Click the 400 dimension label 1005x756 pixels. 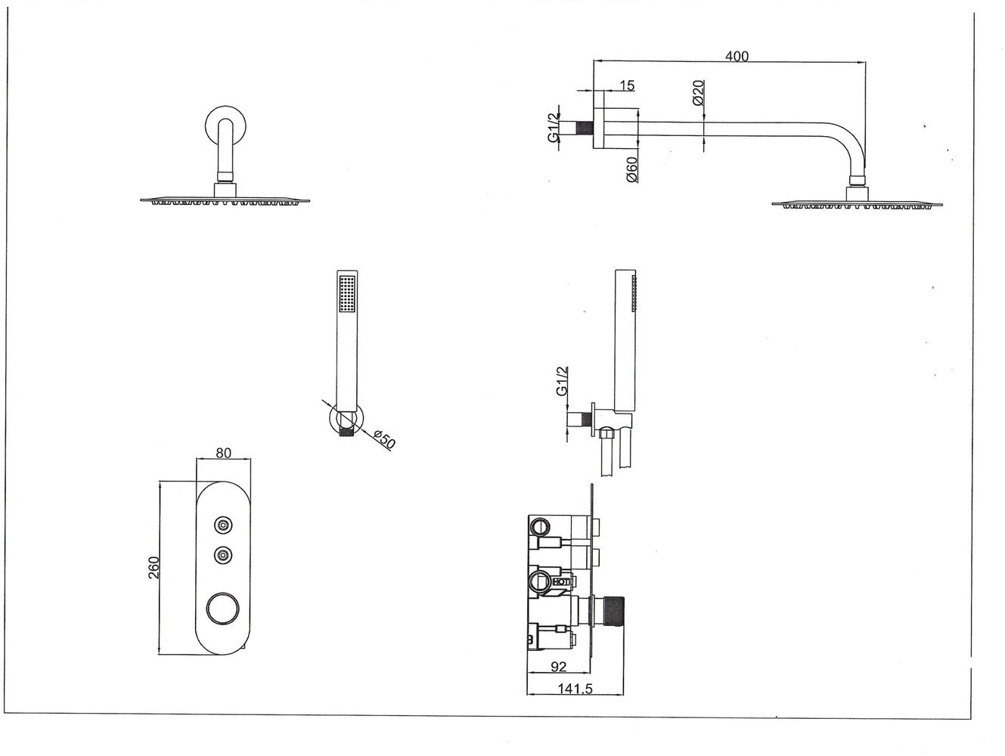(x=736, y=57)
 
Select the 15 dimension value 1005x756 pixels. (x=626, y=85)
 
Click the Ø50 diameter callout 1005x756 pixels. (x=384, y=438)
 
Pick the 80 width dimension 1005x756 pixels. (x=224, y=454)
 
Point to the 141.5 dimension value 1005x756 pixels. (x=574, y=689)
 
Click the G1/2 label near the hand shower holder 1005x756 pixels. (x=561, y=381)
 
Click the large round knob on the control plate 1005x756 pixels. (x=222, y=607)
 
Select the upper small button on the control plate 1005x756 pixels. (x=222, y=525)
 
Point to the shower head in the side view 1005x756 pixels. (x=857, y=203)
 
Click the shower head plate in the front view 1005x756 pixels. (x=225, y=200)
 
